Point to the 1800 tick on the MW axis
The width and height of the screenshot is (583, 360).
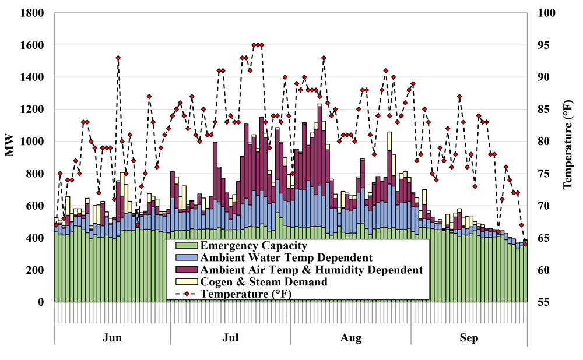point(32,13)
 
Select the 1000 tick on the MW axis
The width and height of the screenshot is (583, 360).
point(32,142)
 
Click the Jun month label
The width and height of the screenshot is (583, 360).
point(112,338)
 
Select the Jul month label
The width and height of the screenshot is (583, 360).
point(231,338)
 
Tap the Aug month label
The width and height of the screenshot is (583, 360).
point(351,338)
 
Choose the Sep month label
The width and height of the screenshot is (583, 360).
point(469,338)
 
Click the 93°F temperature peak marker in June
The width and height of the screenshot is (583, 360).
point(118,58)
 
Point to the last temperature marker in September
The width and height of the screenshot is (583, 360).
point(525,244)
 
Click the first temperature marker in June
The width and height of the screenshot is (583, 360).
point(56,225)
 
